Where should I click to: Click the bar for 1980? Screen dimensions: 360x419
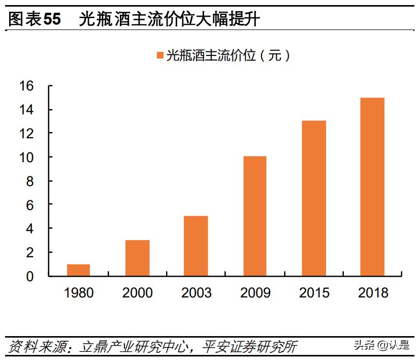78,270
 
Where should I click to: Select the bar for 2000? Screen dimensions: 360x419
137,258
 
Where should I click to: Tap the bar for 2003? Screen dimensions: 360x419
196,246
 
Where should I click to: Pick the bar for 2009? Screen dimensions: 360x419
254,216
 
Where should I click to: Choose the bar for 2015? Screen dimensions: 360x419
313,198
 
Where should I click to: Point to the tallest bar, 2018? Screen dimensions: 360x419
372,187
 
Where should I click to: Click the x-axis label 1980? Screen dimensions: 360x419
78,293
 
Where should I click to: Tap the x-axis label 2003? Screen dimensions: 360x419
196,293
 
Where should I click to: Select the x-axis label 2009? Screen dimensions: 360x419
254,293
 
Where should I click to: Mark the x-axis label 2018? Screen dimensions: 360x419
372,293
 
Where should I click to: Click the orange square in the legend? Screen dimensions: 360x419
160,55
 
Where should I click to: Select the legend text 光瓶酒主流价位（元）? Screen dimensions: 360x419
229,55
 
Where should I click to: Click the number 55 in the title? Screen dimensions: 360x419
52,20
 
